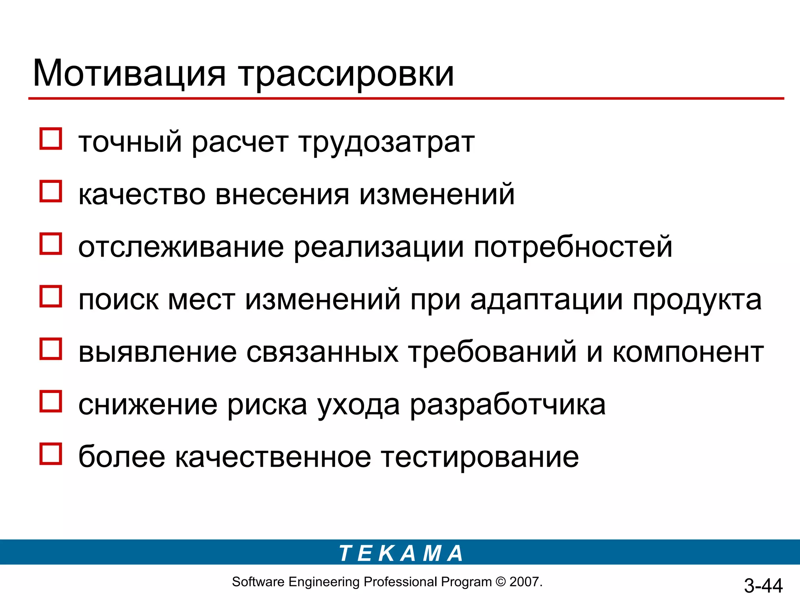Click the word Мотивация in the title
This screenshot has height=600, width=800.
129,73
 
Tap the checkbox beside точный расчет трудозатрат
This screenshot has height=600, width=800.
51,139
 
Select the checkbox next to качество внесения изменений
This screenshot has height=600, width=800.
51,191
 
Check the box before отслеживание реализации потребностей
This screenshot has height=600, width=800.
51,244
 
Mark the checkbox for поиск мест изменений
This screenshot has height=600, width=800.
51,296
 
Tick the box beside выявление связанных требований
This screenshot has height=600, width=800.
51,349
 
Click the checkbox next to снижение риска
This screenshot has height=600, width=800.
51,401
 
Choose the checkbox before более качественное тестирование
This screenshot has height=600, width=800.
51,454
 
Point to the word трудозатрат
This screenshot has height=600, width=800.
387,143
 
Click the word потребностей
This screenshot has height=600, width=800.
573,248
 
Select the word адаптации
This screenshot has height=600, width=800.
546,300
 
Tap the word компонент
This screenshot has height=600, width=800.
688,352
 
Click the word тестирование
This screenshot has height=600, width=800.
480,457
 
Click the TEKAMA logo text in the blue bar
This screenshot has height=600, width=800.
401,554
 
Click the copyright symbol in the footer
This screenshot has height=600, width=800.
500,582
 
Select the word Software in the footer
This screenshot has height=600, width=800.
258,582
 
